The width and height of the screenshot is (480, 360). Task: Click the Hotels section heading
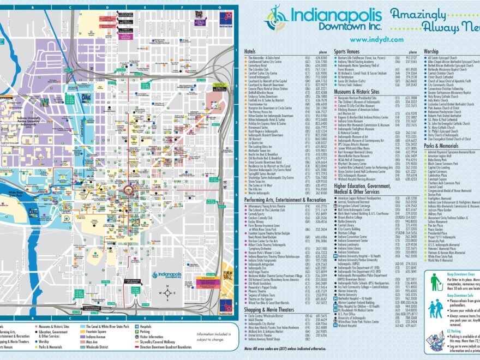[250, 51]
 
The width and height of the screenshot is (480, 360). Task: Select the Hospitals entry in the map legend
[144, 326]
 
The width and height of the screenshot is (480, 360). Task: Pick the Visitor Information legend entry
[152, 336]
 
